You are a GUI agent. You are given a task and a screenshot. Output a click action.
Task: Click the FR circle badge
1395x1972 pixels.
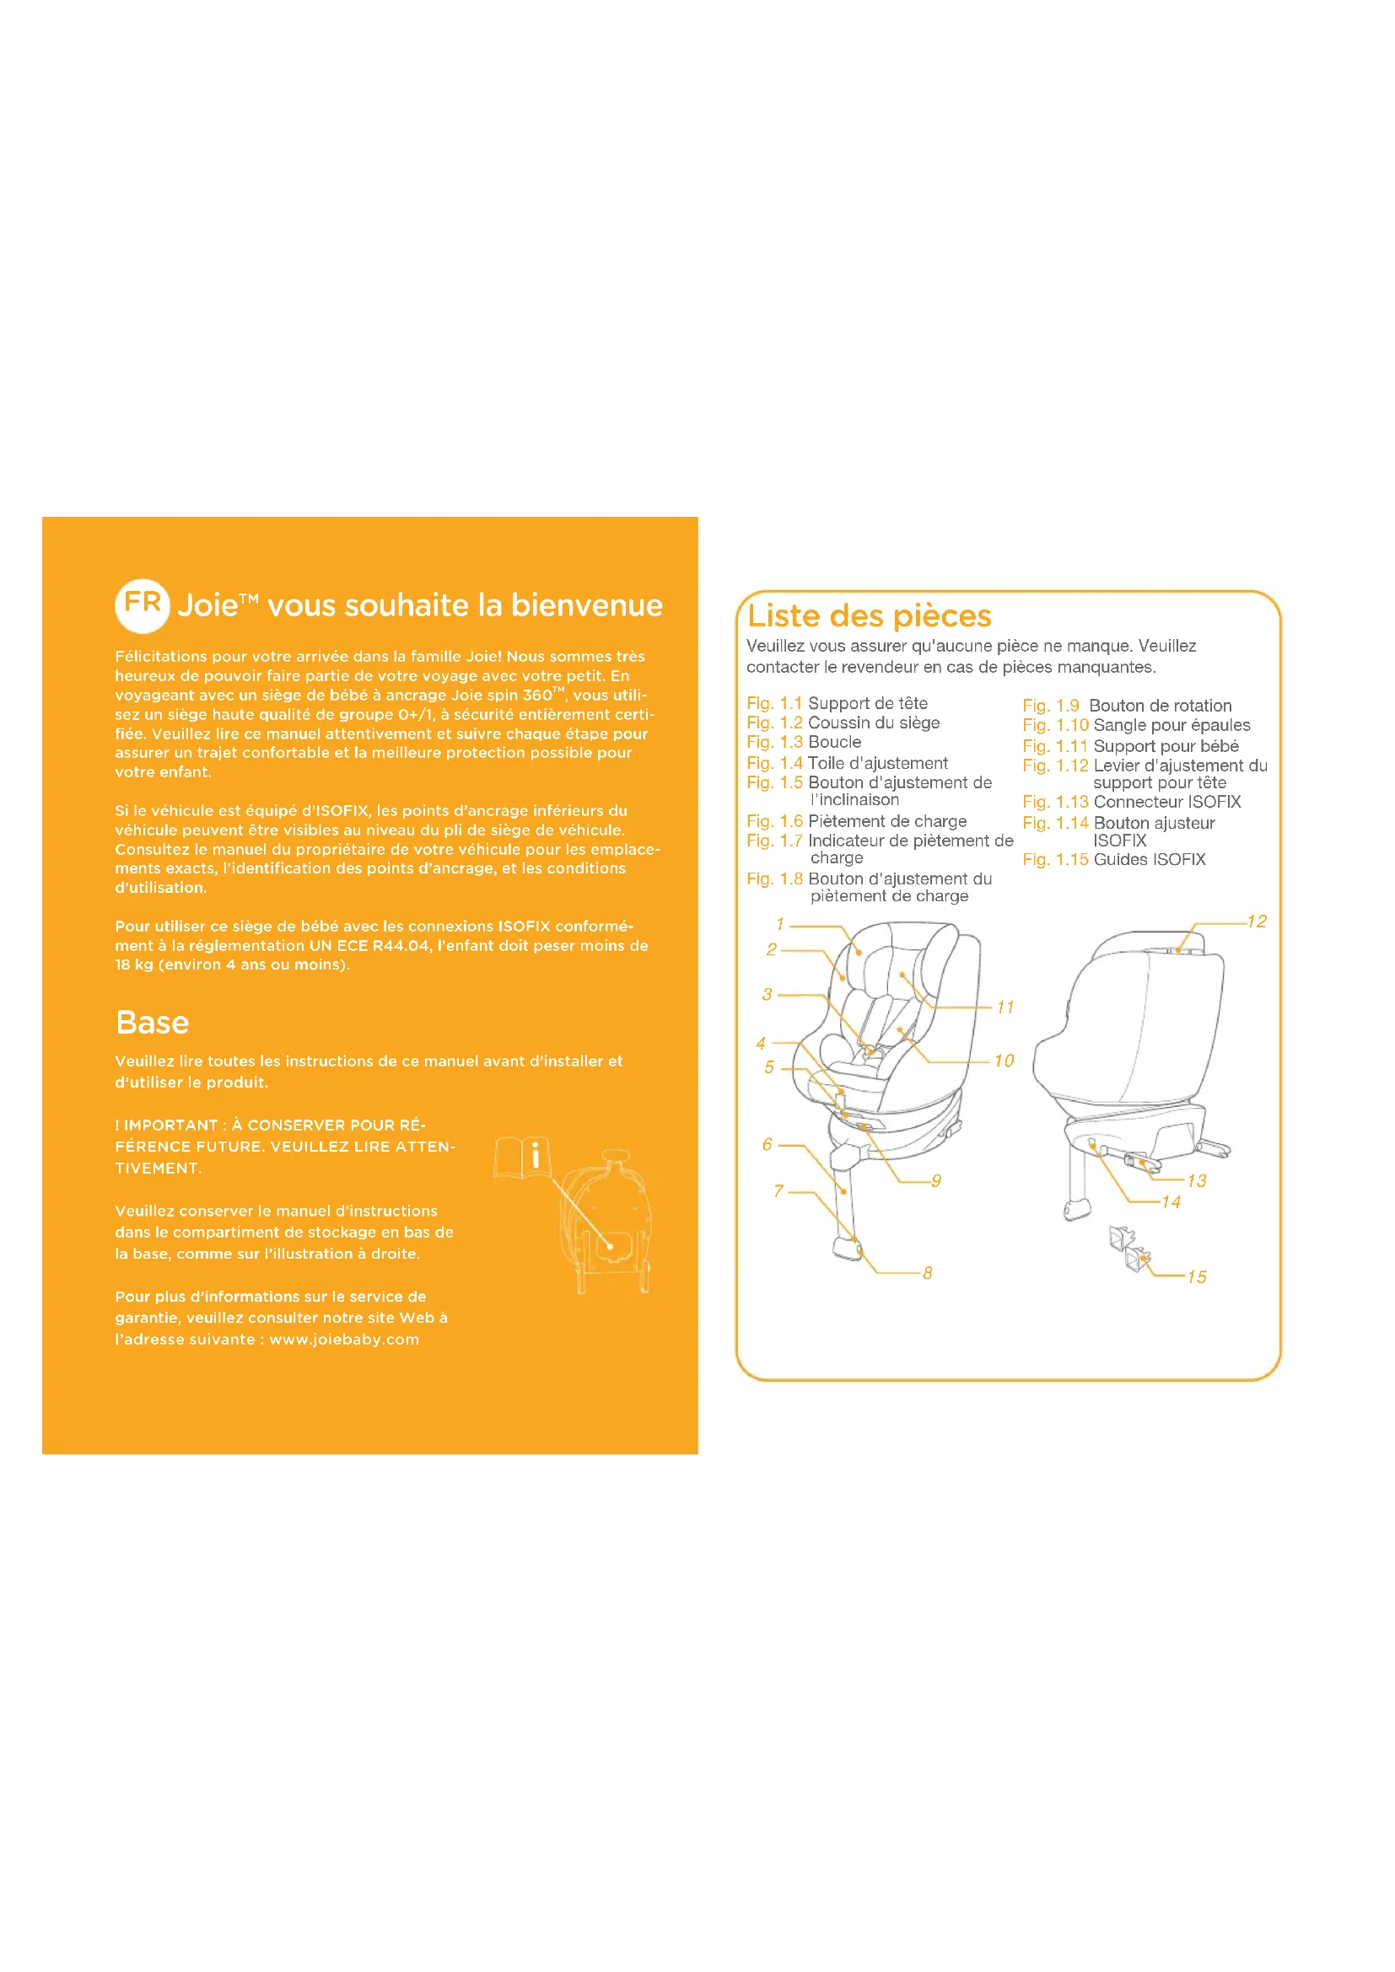(x=143, y=605)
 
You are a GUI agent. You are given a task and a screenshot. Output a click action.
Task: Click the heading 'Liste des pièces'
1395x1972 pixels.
(x=870, y=616)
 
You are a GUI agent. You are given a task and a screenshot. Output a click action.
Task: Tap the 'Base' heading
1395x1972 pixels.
(x=152, y=1022)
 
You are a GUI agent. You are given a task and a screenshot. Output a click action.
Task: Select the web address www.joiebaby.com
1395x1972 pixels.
(x=344, y=1339)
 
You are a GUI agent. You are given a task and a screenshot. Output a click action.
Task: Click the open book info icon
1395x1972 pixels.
(x=521, y=1156)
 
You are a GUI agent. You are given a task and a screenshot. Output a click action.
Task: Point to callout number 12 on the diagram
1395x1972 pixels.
(x=1257, y=922)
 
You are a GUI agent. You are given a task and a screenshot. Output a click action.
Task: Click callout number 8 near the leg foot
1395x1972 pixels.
(x=928, y=1273)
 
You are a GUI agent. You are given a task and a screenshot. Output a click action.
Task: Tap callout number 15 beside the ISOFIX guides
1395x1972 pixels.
(x=1197, y=1277)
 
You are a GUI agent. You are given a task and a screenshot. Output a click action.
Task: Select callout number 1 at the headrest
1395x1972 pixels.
(x=780, y=924)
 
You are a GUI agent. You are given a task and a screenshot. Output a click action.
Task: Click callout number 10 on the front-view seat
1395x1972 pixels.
(x=1005, y=1061)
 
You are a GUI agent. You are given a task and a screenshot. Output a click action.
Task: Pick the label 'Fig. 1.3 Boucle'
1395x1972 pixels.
(x=804, y=742)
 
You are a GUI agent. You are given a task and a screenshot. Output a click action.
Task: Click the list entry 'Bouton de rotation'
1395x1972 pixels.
(x=1161, y=706)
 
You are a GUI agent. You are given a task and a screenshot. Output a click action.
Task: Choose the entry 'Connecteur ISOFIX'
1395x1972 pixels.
(x=1167, y=802)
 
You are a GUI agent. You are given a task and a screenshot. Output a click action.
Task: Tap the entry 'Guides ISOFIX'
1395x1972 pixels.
(x=1150, y=860)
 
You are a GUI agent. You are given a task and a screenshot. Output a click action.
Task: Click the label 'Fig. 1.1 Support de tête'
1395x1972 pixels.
(x=838, y=703)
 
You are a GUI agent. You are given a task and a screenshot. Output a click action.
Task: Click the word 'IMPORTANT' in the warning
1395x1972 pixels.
(x=171, y=1126)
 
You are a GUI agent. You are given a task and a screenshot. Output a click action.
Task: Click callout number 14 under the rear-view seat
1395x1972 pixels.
(x=1171, y=1202)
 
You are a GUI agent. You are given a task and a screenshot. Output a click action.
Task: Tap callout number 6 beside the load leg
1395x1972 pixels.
(x=767, y=1144)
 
